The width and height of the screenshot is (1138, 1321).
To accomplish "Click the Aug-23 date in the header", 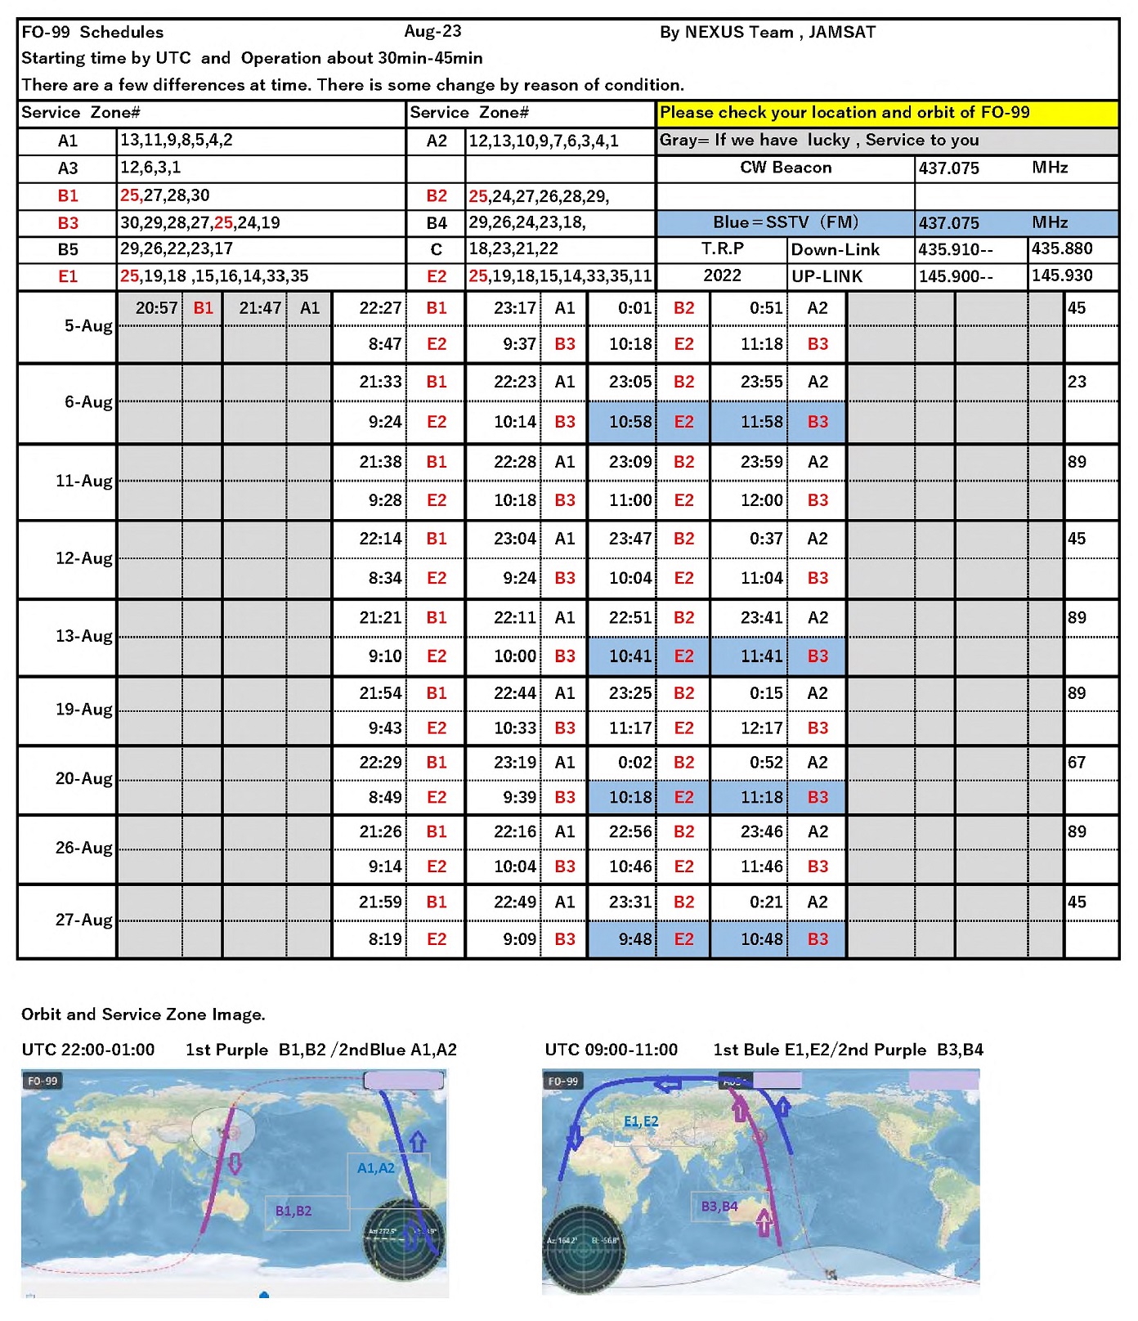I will [x=432, y=32].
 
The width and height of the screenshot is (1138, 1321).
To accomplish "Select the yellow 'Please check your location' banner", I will [x=887, y=113].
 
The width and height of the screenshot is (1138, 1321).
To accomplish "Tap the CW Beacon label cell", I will [x=785, y=168].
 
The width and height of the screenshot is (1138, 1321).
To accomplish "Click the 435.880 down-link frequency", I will [x=1061, y=249].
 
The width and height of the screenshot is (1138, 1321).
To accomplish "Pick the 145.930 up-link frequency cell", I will [x=1061, y=275].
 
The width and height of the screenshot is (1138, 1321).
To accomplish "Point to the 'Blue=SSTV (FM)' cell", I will [x=785, y=222].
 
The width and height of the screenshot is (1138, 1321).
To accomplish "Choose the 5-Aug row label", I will [x=87, y=326].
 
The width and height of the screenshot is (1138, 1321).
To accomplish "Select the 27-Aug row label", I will [x=83, y=920].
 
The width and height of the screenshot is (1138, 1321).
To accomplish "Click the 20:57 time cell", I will [x=156, y=308].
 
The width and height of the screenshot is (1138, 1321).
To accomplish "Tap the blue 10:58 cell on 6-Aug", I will [x=630, y=422].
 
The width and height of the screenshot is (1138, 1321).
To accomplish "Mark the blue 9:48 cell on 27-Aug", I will [x=634, y=939].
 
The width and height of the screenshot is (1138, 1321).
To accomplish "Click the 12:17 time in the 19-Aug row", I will [x=760, y=728].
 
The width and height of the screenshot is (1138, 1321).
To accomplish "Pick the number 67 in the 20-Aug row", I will [x=1077, y=763].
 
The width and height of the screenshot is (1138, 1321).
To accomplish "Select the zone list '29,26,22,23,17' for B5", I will [x=177, y=249].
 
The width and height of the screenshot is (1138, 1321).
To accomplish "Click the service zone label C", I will [x=436, y=249].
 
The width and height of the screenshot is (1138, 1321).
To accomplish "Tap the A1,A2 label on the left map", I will [x=375, y=1168].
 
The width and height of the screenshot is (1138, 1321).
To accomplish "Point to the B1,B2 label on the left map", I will [x=293, y=1211].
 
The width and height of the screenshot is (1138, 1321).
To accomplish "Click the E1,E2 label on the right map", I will [x=640, y=1122].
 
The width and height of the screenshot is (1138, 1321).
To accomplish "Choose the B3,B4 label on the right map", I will [x=719, y=1206].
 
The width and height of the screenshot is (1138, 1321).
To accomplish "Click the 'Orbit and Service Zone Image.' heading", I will [x=143, y=1014].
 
